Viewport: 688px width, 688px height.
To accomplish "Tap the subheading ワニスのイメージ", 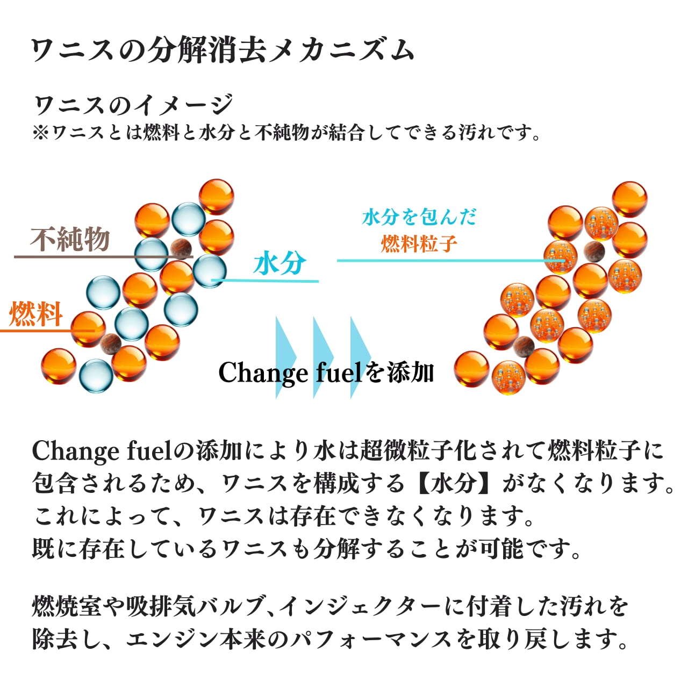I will coord(134,104).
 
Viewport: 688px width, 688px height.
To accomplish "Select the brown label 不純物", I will coord(70,240).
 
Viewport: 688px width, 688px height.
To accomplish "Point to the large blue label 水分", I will coord(279,264).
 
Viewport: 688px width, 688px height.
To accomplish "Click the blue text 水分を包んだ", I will coord(419,217).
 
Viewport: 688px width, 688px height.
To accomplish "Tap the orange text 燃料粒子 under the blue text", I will coord(419,244).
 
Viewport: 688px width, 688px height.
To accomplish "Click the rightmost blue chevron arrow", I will coord(360,357).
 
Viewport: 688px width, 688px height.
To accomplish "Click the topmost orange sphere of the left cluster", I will coord(216,197).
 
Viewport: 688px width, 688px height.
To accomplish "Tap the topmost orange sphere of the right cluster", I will coord(629,199).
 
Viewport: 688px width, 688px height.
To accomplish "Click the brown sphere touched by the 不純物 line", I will coord(181,248).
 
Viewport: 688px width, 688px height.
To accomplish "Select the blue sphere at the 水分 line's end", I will coord(209,271).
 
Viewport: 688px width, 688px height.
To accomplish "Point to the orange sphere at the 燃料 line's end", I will coord(88,328).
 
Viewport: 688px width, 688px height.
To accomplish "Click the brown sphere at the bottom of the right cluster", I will coord(524,347).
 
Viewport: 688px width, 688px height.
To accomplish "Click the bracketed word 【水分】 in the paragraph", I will coord(455,483).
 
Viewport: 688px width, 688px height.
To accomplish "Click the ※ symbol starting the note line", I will coord(40,132).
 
